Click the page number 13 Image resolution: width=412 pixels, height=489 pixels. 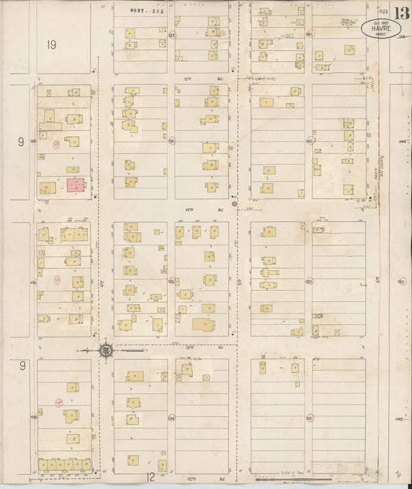pyautogui.click(x=400, y=13)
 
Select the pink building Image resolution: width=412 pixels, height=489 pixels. pyautogui.click(x=75, y=185)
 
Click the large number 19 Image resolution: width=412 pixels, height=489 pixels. pyautogui.click(x=52, y=45)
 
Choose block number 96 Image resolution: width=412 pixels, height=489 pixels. pyautogui.click(x=172, y=141)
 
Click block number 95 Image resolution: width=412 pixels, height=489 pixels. pyautogui.click(x=171, y=281)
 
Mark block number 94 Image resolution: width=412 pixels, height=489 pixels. pyautogui.click(x=171, y=418)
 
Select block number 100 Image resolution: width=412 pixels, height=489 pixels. pyautogui.click(x=309, y=142)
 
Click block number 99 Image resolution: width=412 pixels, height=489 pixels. pyautogui.click(x=308, y=282)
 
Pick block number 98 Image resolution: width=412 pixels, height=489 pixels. pyautogui.click(x=309, y=418)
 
